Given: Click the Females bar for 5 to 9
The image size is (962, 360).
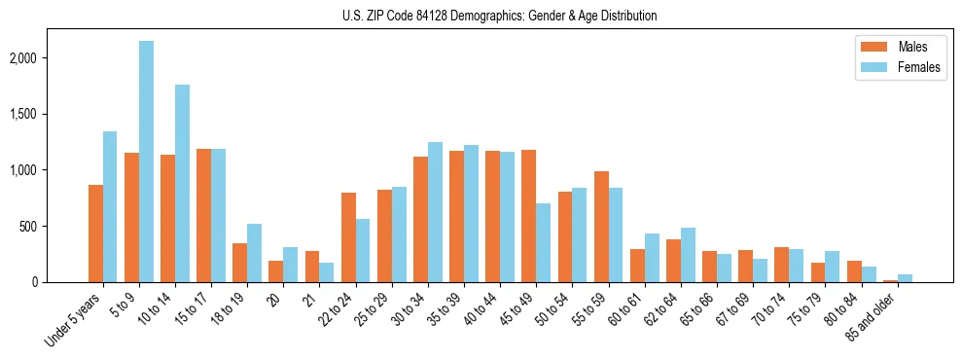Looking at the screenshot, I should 146,162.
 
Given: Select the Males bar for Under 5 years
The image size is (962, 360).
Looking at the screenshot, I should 95,234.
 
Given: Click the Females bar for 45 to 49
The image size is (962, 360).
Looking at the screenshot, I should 543,242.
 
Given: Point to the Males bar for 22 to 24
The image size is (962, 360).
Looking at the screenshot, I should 348,237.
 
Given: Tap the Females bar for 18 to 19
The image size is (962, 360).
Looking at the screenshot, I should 254,253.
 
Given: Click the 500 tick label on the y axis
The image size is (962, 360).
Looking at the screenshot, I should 53,227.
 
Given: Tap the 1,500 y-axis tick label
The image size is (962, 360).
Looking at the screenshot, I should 50,114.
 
